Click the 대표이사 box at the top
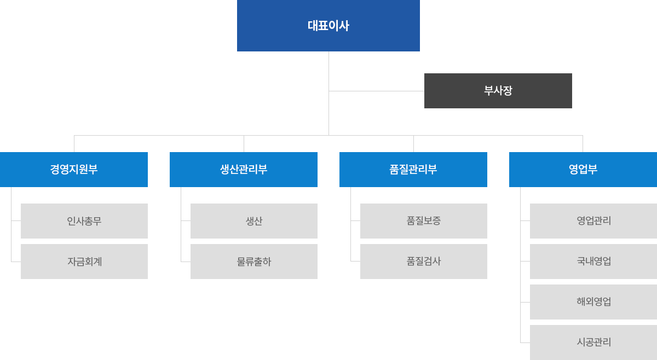point(328,26)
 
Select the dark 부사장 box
point(498,91)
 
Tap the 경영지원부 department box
point(73,170)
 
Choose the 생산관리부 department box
point(244,170)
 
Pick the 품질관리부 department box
point(413,170)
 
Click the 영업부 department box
point(583,170)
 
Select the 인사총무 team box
point(84,220)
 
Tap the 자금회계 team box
point(84,261)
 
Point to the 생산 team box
point(254,220)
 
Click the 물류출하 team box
point(254,261)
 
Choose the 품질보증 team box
point(424,220)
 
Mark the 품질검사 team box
point(424,261)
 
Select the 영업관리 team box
point(593,220)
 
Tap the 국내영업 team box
point(593,261)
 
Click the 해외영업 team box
point(593,301)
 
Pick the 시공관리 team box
point(593,342)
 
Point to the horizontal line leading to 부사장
point(377,91)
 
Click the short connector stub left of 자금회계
point(16,262)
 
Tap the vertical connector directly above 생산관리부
point(244,144)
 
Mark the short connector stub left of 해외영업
point(525,302)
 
